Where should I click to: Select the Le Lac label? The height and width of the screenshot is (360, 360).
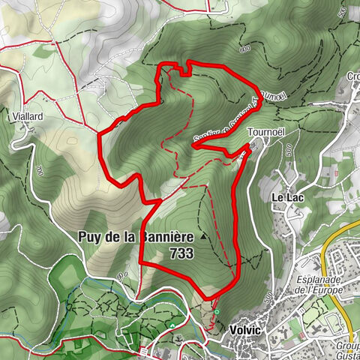pos(285,196)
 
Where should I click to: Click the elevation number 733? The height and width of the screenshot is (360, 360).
pos(181,254)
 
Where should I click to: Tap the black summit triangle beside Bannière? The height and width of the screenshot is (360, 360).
pos(202,237)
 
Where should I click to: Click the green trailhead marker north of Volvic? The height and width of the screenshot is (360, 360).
pos(216,311)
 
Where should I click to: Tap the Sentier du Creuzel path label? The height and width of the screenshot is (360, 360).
pos(225,120)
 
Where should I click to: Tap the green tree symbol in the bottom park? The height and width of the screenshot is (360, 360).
pos(172,325)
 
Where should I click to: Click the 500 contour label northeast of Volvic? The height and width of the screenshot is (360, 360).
pos(267,298)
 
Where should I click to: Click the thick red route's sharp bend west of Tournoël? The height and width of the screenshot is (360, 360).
pos(193,145)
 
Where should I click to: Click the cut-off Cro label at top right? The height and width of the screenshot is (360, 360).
pos(352,76)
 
